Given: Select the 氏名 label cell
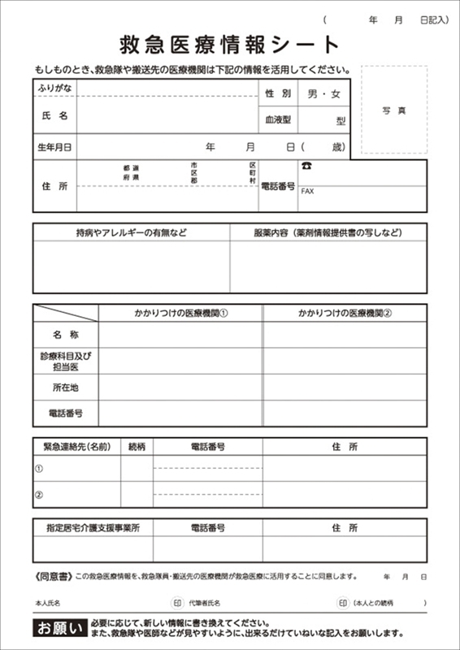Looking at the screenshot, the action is point(54,116).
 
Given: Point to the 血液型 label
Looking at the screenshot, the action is point(277,120).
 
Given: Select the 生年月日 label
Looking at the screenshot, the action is point(54,147).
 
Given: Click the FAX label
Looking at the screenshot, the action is point(307,192).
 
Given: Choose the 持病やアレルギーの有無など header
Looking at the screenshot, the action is point(131,232).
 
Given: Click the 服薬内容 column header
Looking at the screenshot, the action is point(328,232).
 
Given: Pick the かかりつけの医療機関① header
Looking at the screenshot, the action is point(180,312).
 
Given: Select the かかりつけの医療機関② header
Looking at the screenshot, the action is point(345,312).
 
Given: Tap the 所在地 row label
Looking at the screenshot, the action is point(66,387).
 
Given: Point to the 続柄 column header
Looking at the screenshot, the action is point(137,447).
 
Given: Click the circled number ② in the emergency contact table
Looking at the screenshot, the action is point(38,494).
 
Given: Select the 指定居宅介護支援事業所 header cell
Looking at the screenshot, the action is point(93,528).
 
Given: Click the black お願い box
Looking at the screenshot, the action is point(58,627).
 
